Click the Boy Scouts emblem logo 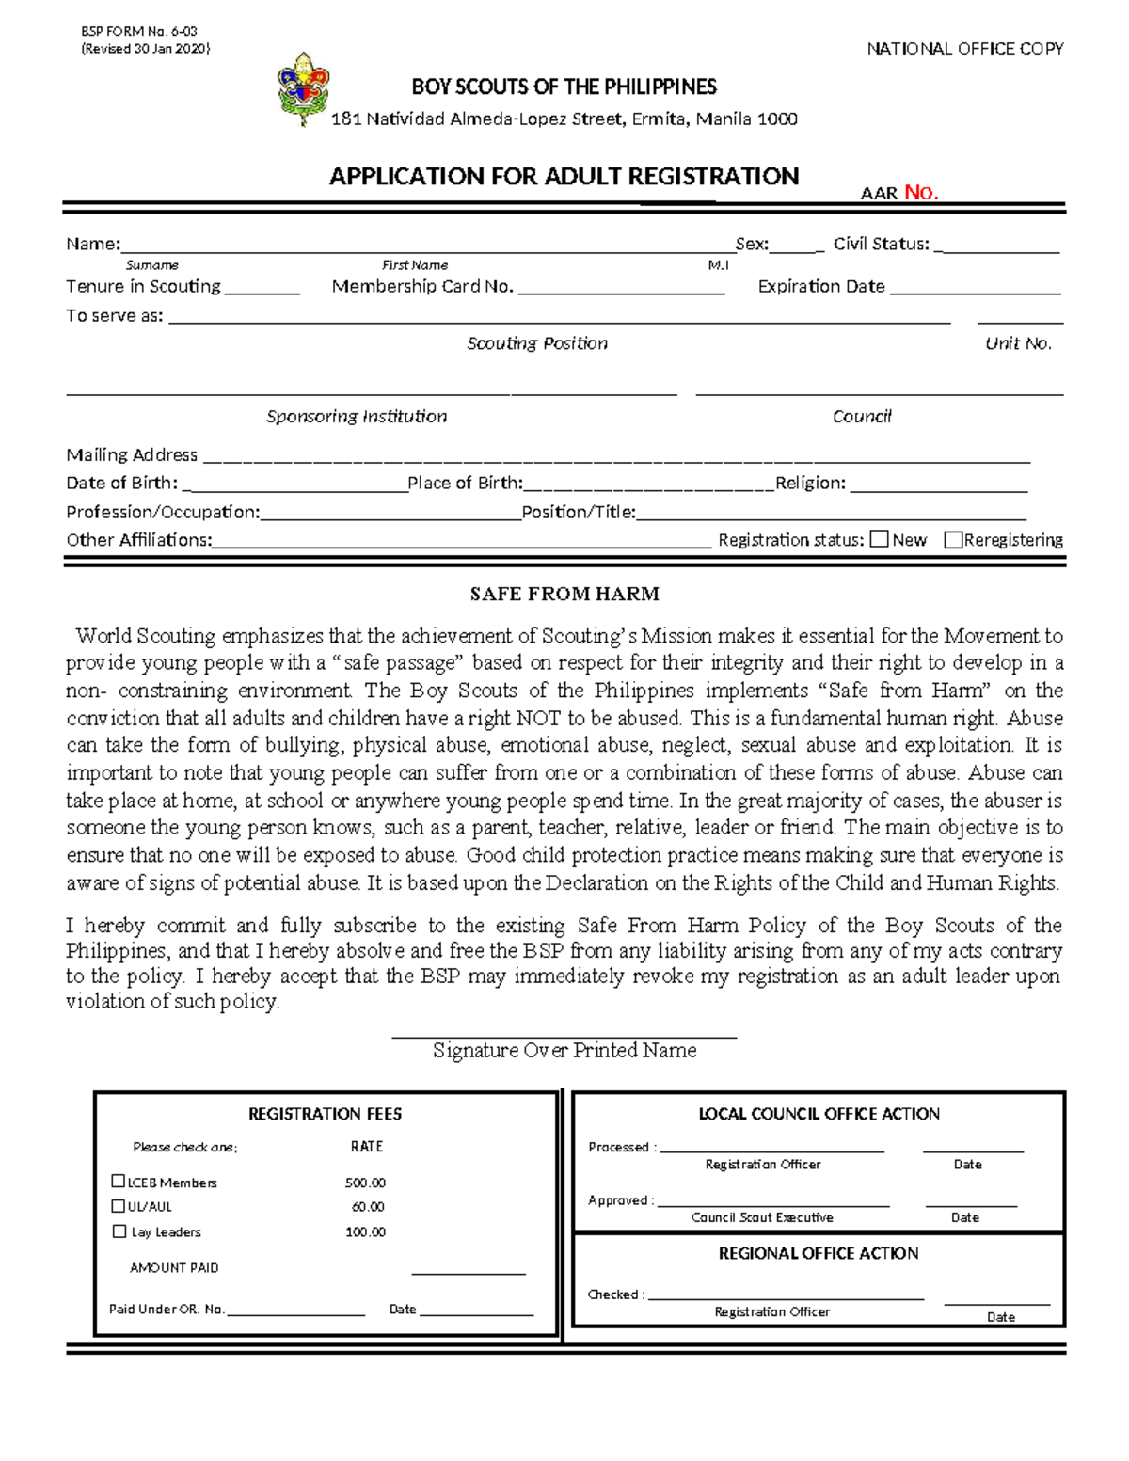(303, 88)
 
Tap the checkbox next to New (879, 539)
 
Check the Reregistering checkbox (953, 539)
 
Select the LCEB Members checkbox (119, 1182)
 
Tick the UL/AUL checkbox (119, 1206)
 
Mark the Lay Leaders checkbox (119, 1231)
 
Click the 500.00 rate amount (365, 1183)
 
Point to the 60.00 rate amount (368, 1207)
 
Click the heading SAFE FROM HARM (564, 594)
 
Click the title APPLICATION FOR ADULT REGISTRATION (564, 176)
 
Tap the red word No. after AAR (920, 193)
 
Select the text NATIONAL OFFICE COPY (964, 49)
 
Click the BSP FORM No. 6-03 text (139, 32)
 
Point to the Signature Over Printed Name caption (564, 1051)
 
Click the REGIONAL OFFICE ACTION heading (819, 1253)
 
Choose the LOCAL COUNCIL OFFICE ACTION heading (819, 1114)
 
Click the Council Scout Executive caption (762, 1217)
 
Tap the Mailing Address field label (132, 455)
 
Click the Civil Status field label (881, 244)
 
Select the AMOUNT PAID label (174, 1268)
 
